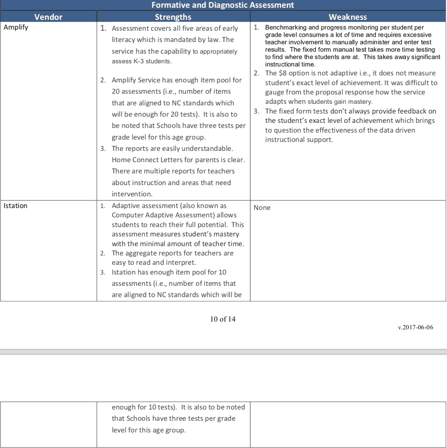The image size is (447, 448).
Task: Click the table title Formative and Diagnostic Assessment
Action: [x=223, y=5]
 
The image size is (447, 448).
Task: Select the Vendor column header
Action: [x=48, y=17]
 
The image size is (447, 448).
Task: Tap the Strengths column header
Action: [x=173, y=17]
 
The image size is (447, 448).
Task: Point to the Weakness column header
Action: [x=348, y=17]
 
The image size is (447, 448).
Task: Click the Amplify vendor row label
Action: [x=16, y=27]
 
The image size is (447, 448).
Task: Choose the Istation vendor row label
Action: [x=16, y=206]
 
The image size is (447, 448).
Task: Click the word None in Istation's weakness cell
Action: [x=262, y=208]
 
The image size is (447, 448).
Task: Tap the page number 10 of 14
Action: [x=223, y=319]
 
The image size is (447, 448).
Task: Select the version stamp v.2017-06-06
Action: [x=415, y=327]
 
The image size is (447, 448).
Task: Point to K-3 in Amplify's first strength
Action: [x=139, y=61]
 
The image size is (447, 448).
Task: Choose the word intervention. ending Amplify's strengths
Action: [x=132, y=194]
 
